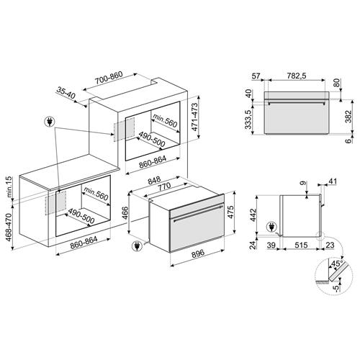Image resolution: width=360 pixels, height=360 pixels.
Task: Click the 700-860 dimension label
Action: (109, 78)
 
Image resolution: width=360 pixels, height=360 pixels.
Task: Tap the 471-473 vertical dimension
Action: (194, 117)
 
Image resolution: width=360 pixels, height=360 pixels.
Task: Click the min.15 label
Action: (9, 186)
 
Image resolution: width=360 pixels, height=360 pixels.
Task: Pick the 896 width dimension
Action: (198, 253)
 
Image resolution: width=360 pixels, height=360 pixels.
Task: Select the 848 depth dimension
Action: (154, 181)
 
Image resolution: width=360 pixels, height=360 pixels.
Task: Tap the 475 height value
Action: (230, 212)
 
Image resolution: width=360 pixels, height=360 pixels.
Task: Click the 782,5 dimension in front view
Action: (297, 76)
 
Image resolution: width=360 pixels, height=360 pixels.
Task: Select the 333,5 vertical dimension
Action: (248, 119)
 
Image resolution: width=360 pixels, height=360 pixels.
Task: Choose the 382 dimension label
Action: (348, 117)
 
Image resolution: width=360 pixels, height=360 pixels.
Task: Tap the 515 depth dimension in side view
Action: (301, 245)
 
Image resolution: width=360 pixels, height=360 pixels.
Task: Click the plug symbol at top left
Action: (50, 122)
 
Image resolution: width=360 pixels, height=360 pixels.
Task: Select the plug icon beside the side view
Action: (271, 227)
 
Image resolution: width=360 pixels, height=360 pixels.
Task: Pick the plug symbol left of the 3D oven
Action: (138, 246)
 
